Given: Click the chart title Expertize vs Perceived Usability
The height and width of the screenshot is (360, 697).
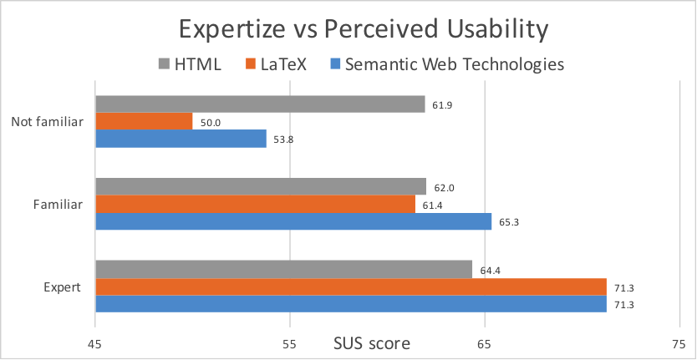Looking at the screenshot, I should point(363,28).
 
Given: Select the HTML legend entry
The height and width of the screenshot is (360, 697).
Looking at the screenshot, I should point(189,64).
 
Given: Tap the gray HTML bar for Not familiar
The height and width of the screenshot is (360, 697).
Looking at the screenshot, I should point(260,104).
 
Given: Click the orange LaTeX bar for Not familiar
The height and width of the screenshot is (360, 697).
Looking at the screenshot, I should point(144,122).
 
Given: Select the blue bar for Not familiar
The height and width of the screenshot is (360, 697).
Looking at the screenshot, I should point(181,139).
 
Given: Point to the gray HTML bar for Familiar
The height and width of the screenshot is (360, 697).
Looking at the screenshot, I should point(261,186).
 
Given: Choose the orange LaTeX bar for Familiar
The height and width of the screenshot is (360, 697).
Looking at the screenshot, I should point(255,204).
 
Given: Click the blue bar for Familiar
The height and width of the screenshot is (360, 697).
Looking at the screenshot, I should point(293,221).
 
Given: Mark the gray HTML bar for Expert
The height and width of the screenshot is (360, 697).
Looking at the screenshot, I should point(283,269).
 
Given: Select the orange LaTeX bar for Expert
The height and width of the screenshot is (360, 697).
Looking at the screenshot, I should point(351,286).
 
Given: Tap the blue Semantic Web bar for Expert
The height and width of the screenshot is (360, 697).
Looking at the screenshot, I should point(351,304).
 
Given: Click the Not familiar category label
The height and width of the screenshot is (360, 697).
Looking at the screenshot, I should point(47,122).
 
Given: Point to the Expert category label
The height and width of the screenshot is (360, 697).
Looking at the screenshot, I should point(62,287).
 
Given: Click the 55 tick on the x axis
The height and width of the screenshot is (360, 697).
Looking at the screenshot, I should point(290,344).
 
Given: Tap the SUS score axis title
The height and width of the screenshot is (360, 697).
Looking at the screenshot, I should point(372,343).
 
